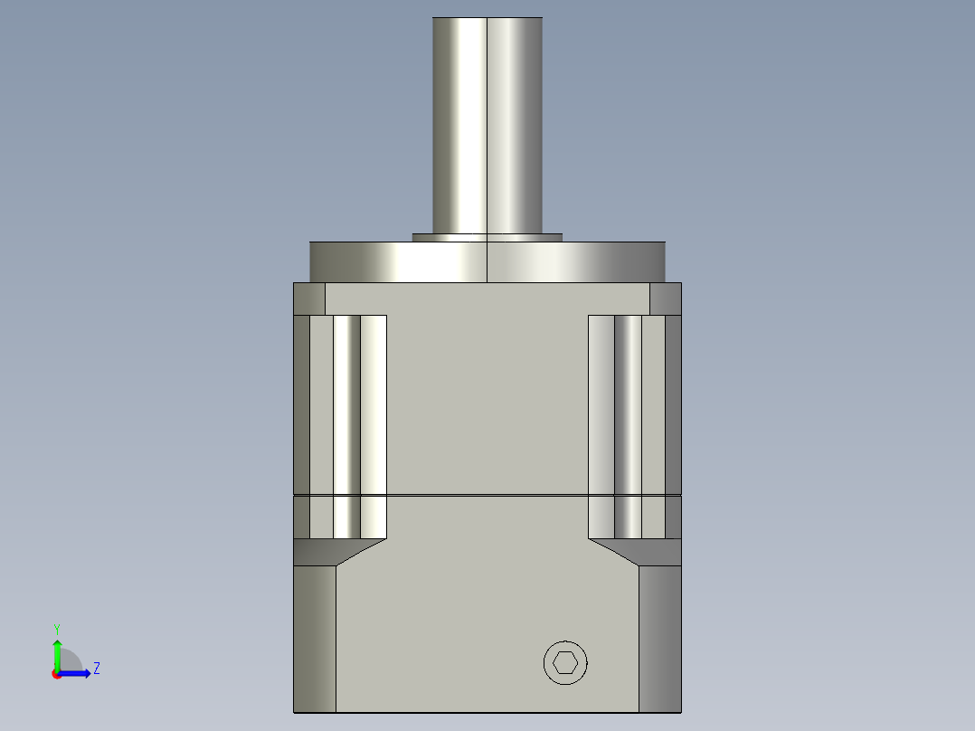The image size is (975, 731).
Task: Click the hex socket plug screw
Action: (x=565, y=663)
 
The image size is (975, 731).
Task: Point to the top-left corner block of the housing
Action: (x=309, y=299)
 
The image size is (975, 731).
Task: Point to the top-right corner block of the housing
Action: (x=666, y=299)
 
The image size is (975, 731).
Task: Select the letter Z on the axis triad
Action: (x=96, y=669)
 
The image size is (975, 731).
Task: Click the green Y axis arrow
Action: (x=56, y=653)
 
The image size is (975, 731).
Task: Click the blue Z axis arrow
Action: (x=77, y=673)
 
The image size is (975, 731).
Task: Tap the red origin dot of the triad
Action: (x=56, y=674)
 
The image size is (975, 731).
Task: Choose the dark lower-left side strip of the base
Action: (x=315, y=638)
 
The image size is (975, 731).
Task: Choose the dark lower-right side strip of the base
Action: (x=660, y=638)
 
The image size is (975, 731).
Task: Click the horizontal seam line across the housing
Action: (x=488, y=496)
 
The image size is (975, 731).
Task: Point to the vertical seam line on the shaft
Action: (x=488, y=127)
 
